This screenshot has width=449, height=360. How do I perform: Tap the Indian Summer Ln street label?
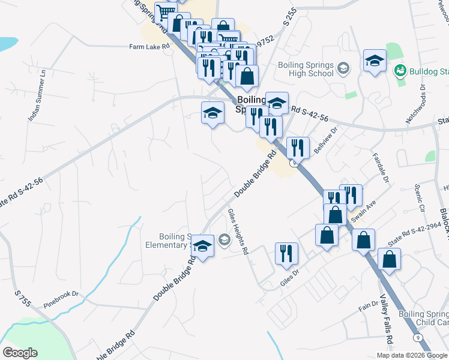point(37,95)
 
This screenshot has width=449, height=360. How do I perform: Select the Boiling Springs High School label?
point(305,69)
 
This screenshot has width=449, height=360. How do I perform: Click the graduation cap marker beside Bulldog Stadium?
point(375,61)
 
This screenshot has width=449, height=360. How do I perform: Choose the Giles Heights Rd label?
point(238,232)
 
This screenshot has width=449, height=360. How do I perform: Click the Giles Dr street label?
point(289,278)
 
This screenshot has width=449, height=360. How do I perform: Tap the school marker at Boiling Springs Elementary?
point(202,247)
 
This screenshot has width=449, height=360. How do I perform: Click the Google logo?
point(20,352)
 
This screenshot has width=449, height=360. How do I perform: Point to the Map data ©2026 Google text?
point(411,355)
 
